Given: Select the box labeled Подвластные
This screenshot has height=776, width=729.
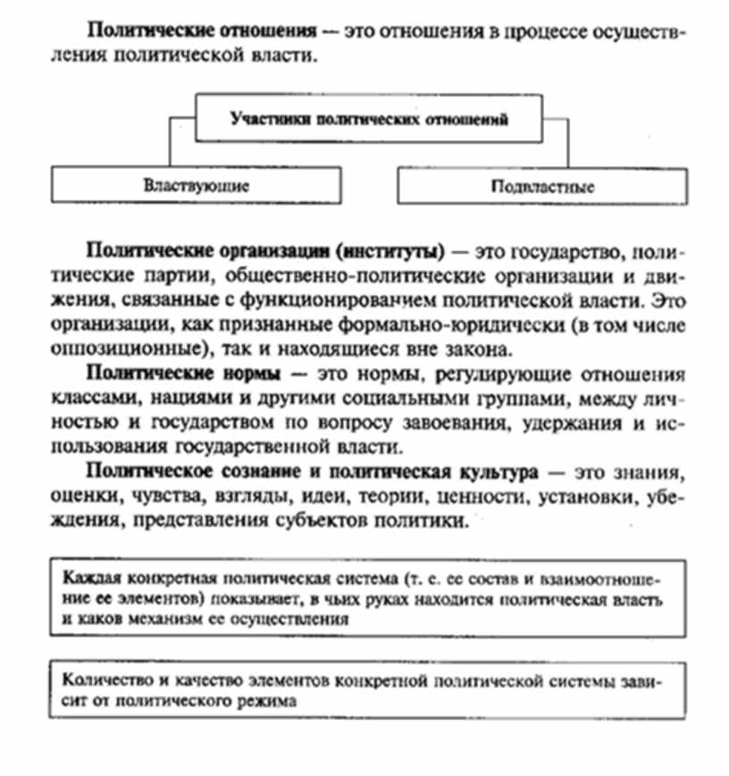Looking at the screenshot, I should pyautogui.click(x=542, y=186).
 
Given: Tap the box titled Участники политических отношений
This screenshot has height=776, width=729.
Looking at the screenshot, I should pyautogui.click(x=369, y=118).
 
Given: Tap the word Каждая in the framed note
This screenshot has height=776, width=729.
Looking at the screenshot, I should pyautogui.click(x=88, y=573).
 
